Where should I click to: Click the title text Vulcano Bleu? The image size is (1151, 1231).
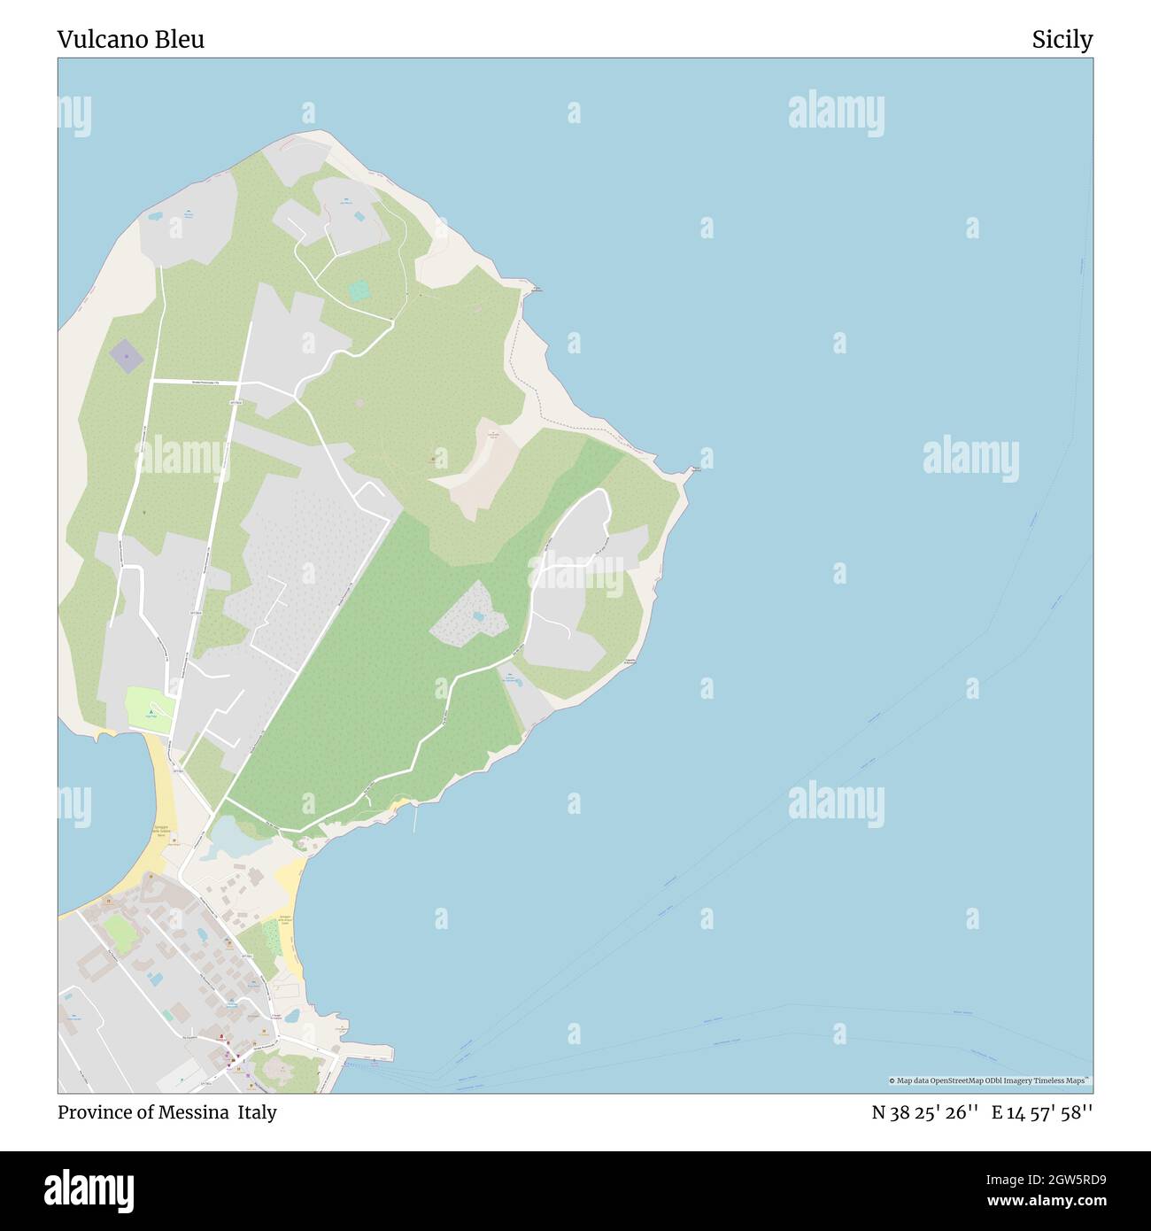[x=131, y=39]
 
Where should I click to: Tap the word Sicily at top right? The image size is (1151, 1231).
[x=1062, y=39]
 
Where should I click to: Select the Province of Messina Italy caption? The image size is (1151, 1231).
[x=167, y=1112]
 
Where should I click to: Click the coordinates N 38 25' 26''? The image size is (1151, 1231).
[x=924, y=1112]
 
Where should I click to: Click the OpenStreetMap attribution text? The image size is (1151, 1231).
[x=990, y=1080]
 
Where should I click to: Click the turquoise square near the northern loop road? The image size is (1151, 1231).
[x=359, y=290]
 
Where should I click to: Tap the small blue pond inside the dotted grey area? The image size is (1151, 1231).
[x=478, y=615]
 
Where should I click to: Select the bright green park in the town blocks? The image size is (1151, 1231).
[x=116, y=928]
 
